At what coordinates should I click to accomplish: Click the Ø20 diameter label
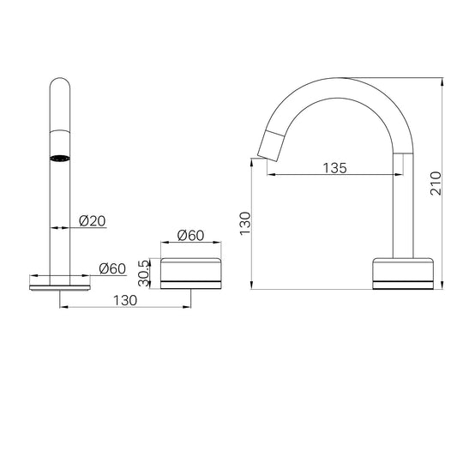[x=92, y=221]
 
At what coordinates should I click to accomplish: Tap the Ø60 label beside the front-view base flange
[x=113, y=268]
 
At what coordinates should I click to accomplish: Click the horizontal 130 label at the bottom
[x=123, y=300]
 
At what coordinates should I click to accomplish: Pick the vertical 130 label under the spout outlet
[x=244, y=225]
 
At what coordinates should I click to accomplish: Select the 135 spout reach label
[x=335, y=168]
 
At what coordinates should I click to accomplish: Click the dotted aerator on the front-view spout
[x=59, y=159]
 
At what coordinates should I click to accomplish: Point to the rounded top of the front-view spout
[x=59, y=86]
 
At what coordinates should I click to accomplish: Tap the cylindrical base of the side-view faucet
[x=403, y=273]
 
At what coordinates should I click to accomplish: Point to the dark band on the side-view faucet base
[x=403, y=280]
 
